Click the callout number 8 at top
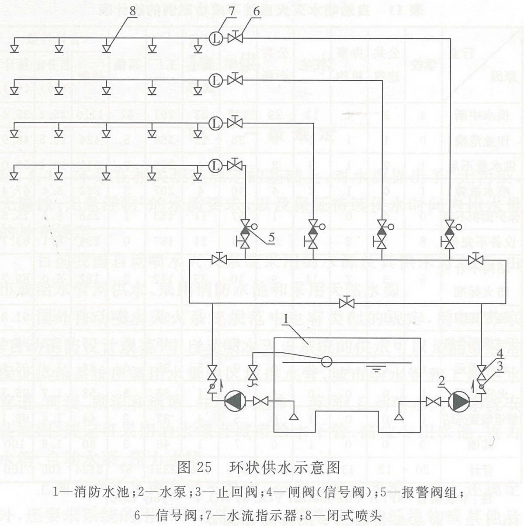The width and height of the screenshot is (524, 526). (132, 11)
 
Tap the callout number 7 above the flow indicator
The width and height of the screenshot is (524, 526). (232, 11)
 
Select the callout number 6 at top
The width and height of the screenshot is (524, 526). (256, 11)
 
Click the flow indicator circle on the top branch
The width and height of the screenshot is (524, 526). (215, 38)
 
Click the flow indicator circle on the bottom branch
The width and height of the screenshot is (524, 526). (215, 165)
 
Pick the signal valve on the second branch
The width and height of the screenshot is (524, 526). (236, 80)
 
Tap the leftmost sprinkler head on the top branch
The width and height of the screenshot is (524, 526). (15, 48)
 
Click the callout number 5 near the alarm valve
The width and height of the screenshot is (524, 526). (271, 237)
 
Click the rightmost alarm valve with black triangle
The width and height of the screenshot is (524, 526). (449, 227)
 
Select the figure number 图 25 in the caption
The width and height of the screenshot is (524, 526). (195, 468)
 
